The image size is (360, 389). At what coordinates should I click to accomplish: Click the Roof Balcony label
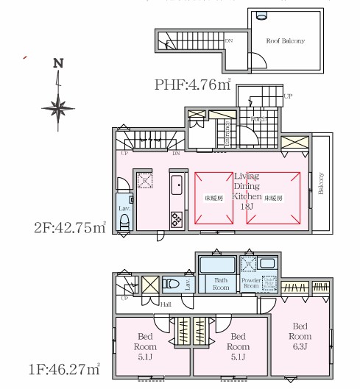point(285,41)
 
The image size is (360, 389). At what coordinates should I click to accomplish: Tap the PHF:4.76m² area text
point(193,85)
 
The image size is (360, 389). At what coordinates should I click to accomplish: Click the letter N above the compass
point(58,64)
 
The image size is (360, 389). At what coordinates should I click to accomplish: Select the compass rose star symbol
point(57,107)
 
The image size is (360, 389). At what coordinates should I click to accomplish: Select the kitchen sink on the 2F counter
point(177,184)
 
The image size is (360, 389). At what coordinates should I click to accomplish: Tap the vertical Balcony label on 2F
point(320,184)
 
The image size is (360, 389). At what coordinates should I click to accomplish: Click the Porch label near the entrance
point(258,119)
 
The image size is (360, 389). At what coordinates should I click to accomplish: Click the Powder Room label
point(253,284)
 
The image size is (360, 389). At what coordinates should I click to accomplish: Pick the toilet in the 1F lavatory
point(169,283)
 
